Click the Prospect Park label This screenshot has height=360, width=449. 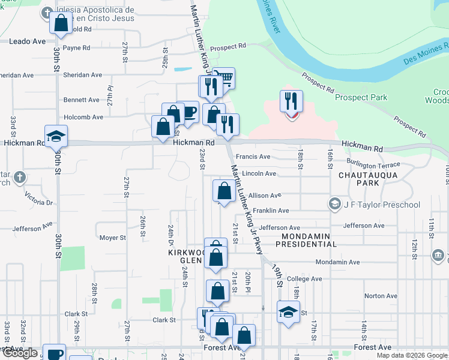coord(361,97)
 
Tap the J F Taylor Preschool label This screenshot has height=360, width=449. coord(381,205)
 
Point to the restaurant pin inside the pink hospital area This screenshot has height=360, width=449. coord(291,102)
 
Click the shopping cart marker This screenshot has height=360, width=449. coord(223,78)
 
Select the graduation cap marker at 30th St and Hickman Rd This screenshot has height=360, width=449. coord(56,136)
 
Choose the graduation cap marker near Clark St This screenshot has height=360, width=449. coord(288,313)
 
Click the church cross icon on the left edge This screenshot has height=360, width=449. coord(20,177)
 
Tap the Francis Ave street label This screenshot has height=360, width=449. coord(253,157)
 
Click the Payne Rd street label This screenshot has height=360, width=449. coord(76,48)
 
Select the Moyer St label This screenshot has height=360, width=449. coord(113,238)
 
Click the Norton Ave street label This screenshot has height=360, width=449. coord(381,296)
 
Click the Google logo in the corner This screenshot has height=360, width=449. coord(20,353)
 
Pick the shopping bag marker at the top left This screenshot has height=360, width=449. coord(61,24)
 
